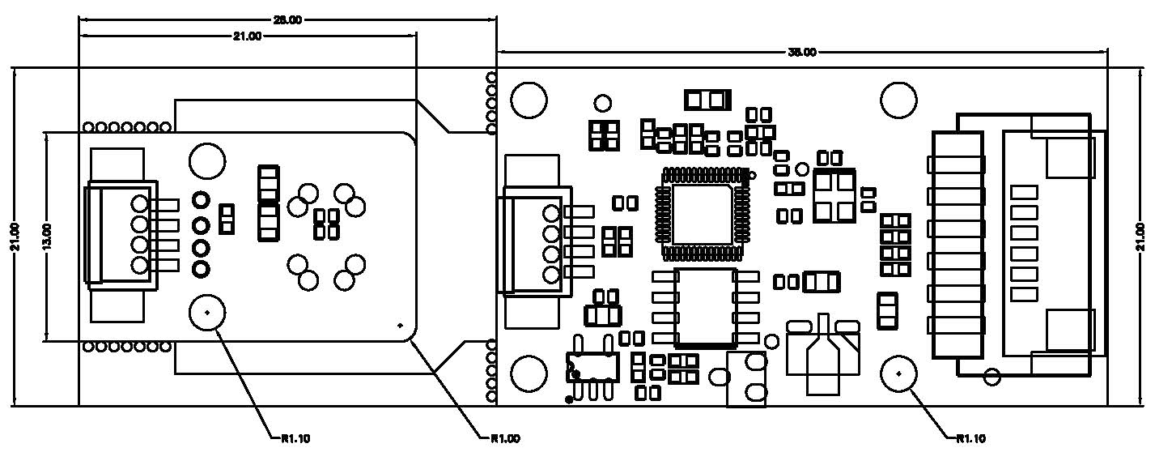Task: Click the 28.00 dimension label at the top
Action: pos(288,20)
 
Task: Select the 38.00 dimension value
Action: pos(801,53)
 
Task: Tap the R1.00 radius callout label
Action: pos(505,438)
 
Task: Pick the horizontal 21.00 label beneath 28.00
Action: pos(248,36)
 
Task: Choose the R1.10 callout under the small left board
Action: pos(295,438)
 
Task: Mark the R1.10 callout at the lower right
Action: pos(971,438)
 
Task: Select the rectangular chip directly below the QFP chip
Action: pos(706,306)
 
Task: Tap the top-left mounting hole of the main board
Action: pos(528,100)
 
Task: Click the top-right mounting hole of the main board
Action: pos(898,100)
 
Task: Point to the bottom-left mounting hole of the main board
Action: pos(528,373)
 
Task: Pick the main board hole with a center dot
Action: pos(898,373)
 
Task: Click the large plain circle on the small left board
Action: pos(207,160)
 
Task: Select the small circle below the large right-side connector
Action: pos(992,376)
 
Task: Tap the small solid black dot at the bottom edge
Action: pos(570,399)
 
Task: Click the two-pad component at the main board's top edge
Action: pos(707,100)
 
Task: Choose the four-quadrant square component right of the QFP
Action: pos(834,195)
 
